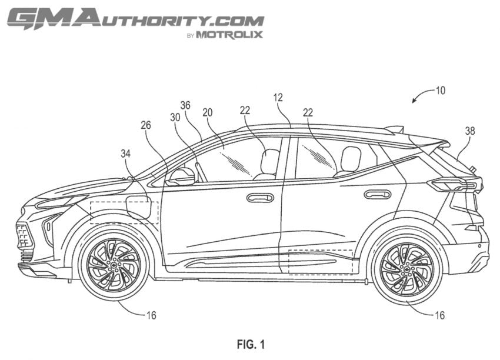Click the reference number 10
click(x=440, y=91)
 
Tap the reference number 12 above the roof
click(x=278, y=98)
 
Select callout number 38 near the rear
click(x=470, y=131)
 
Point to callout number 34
click(x=126, y=154)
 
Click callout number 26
click(x=146, y=125)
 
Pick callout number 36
click(x=185, y=105)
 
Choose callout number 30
click(x=175, y=118)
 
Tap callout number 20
click(x=207, y=112)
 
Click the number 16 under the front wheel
click(x=151, y=315)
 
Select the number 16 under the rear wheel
click(x=439, y=315)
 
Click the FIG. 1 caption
click(x=251, y=344)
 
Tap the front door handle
click(x=260, y=198)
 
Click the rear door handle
click(x=378, y=194)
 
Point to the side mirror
click(x=181, y=177)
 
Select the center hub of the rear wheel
click(x=407, y=269)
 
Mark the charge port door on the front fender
click(x=139, y=207)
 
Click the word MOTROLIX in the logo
click(x=229, y=35)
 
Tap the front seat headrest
click(x=270, y=161)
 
